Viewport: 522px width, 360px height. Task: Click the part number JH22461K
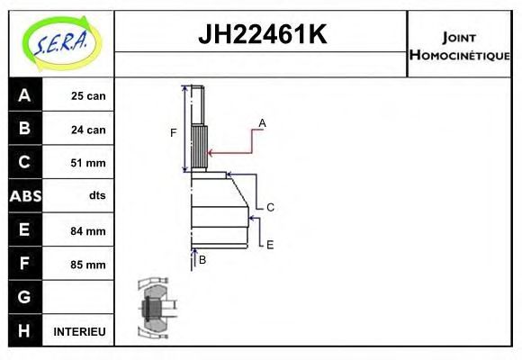click(262, 34)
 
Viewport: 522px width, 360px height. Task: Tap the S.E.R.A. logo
click(61, 43)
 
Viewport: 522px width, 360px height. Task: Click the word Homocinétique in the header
click(459, 55)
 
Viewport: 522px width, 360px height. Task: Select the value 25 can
click(88, 96)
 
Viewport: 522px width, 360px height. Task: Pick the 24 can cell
click(88, 130)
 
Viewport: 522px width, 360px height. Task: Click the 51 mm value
click(88, 163)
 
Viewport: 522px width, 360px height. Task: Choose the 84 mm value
click(88, 230)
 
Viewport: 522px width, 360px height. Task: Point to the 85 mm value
click(88, 265)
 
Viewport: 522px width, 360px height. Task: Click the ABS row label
click(25, 196)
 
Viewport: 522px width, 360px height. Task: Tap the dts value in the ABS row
click(97, 195)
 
